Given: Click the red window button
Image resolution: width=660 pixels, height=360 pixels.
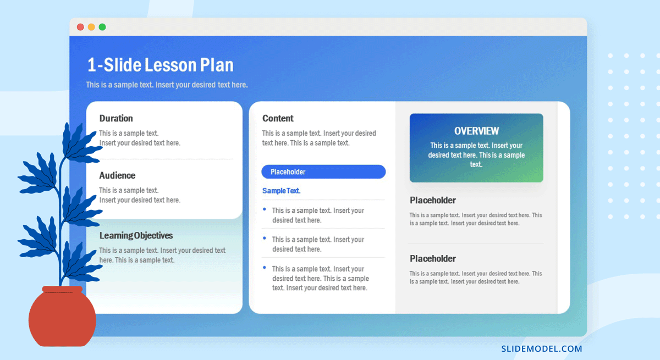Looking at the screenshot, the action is (x=80, y=27).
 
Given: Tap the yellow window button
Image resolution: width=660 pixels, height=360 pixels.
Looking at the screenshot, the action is (x=91, y=27).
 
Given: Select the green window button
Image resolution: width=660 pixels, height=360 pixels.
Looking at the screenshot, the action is (x=102, y=27).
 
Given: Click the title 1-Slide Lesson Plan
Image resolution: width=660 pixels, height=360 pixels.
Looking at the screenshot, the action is (x=160, y=65).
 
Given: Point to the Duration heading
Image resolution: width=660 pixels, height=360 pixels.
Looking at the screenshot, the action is (x=116, y=118).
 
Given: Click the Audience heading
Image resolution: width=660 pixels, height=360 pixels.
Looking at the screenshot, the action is (x=117, y=175).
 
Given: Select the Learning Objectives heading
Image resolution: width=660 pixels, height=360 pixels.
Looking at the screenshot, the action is (x=136, y=235).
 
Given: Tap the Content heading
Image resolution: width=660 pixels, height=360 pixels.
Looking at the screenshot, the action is (x=278, y=118).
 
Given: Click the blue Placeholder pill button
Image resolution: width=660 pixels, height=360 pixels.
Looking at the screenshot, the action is (x=323, y=171).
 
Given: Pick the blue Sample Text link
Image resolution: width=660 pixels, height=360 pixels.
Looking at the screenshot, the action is (x=282, y=191).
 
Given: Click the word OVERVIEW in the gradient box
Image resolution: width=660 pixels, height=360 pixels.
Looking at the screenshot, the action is (x=476, y=131).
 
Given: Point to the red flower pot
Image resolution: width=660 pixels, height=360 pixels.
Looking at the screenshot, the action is (x=62, y=316).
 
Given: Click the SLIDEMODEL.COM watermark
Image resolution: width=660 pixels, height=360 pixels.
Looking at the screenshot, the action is (x=542, y=349).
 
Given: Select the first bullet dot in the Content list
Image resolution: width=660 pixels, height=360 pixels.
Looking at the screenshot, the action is (x=265, y=209).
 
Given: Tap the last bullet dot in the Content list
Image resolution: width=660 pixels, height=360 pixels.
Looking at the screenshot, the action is (x=265, y=268).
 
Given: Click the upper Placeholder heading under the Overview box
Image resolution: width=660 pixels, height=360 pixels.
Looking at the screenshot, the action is (x=432, y=201).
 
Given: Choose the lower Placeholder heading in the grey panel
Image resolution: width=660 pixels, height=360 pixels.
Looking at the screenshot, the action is (x=432, y=259).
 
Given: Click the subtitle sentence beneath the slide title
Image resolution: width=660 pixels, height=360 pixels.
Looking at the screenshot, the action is (x=167, y=85).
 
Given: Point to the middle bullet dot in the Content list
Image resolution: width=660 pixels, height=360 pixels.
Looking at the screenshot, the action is (x=265, y=238).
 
